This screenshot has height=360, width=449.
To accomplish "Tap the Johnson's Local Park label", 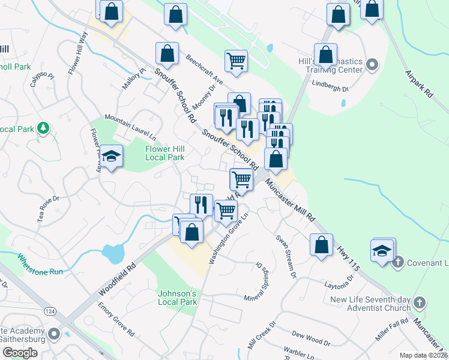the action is coord(177,298).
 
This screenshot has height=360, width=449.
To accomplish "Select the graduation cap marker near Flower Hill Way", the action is coord(111,157).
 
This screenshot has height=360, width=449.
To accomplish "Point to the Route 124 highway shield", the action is coord(50,311).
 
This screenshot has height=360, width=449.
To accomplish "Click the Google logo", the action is coord(20,353).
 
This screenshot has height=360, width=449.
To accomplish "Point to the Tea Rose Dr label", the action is coord(49,209).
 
